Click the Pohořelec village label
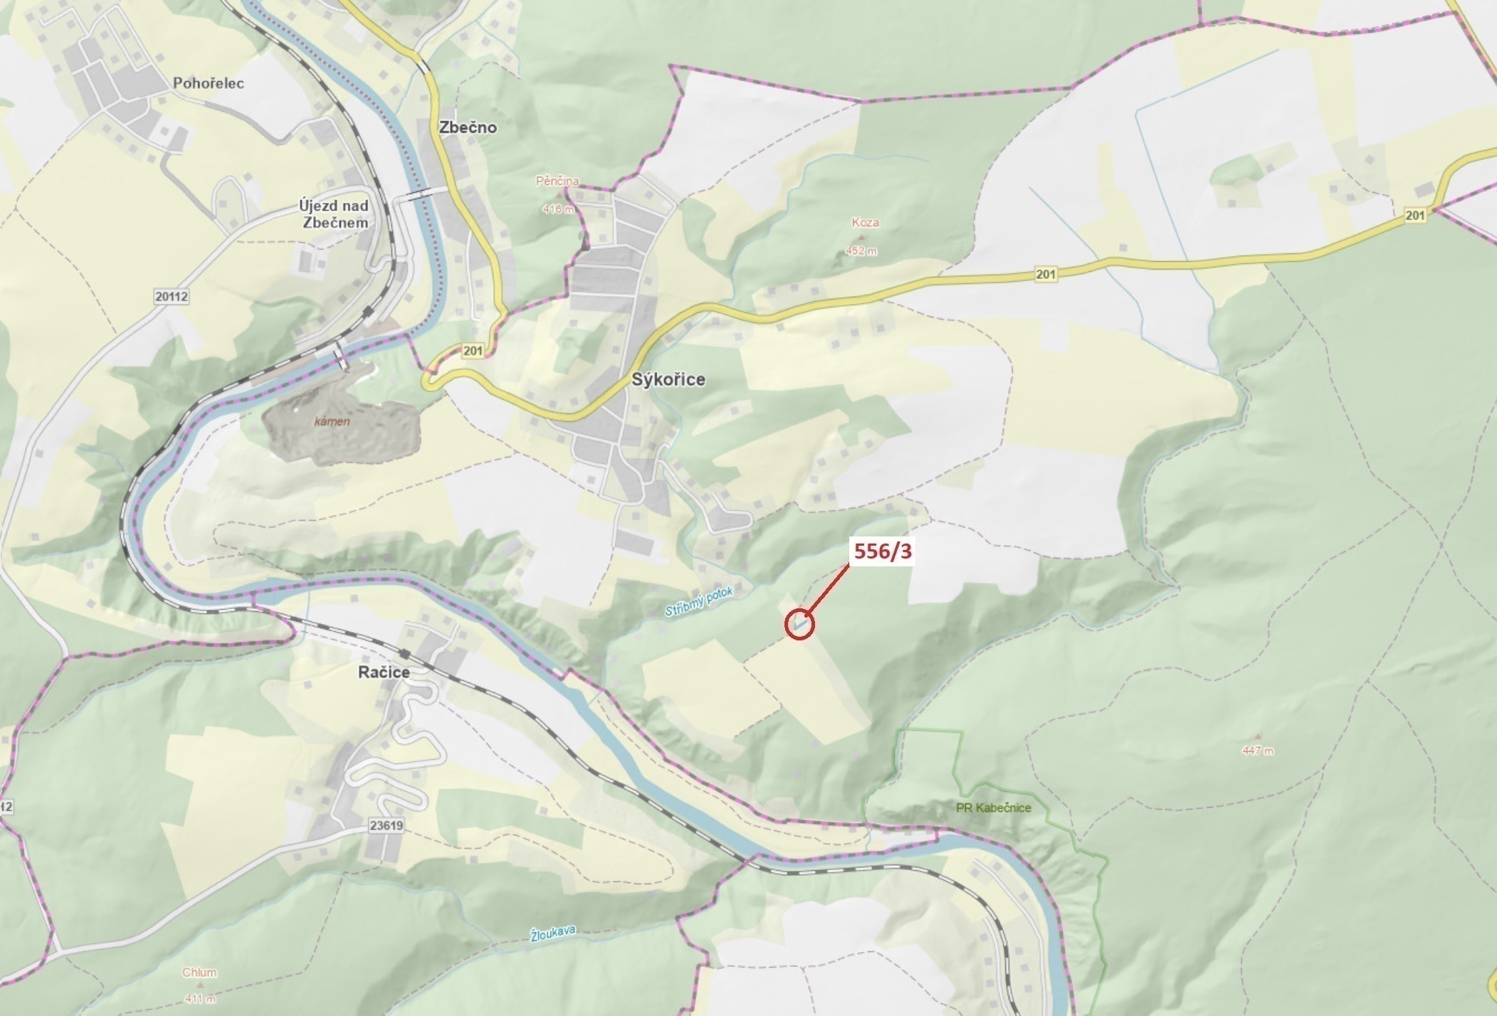pos(208,83)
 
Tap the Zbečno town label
pos(468,127)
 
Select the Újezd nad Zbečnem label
pos(333,214)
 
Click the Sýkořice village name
pos(668,379)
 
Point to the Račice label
pos(384,672)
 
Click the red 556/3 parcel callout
pos(882,551)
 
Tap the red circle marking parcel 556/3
pos(799,625)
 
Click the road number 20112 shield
pos(171,296)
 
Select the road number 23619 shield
pos(387,826)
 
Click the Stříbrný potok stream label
pos(698,601)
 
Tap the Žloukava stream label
pos(552,934)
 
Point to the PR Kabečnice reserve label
pos(993,808)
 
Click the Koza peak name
pos(865,223)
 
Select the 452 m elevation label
pos(861,251)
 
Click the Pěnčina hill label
pos(557,181)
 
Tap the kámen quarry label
pos(332,421)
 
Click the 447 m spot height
pos(1257,751)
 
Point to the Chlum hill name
pos(199,973)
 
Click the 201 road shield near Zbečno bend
pos(473,351)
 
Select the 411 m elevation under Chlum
pos(200,999)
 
